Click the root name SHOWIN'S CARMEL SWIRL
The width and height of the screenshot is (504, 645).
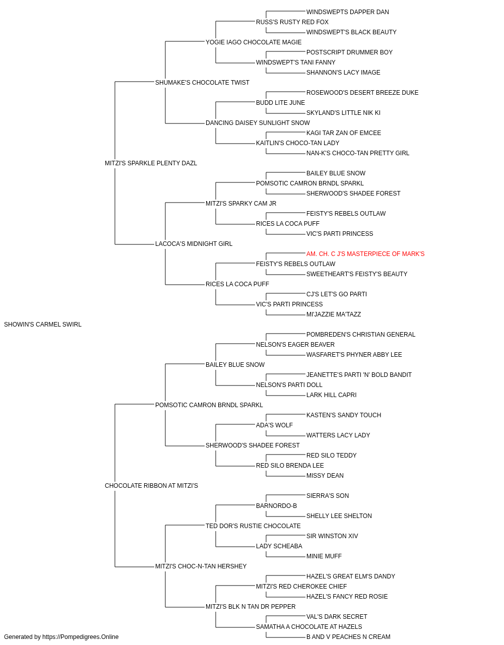click(x=43, y=325)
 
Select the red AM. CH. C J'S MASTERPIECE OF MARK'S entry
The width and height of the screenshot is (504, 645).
click(x=365, y=254)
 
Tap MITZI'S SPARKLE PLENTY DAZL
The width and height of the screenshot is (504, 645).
click(x=151, y=163)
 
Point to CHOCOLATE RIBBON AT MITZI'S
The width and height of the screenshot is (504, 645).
click(x=151, y=486)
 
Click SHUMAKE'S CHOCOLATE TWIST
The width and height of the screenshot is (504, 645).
click(x=202, y=83)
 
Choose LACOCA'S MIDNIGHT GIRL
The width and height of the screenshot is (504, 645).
click(x=194, y=244)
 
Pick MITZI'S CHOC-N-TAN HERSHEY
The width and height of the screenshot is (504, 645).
click(x=201, y=566)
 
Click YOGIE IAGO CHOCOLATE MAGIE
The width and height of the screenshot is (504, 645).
click(x=254, y=42)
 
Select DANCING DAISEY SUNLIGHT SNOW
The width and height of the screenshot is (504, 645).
click(x=258, y=123)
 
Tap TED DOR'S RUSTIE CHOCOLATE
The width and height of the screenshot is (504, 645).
click(x=253, y=526)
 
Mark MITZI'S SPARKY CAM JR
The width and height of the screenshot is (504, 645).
click(x=241, y=204)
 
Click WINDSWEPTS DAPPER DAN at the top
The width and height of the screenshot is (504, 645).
click(x=348, y=12)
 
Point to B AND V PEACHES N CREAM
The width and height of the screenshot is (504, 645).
click(x=348, y=637)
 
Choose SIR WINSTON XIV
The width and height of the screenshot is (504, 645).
click(x=332, y=536)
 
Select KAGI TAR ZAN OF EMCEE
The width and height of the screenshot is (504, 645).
click(x=344, y=133)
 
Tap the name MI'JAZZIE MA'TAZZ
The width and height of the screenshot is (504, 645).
click(x=334, y=314)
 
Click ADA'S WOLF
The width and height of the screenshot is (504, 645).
click(x=274, y=425)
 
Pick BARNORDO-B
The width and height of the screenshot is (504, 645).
click(x=276, y=506)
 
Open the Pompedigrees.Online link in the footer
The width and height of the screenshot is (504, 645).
click(x=81, y=637)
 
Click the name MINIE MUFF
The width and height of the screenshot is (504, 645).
click(x=324, y=556)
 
